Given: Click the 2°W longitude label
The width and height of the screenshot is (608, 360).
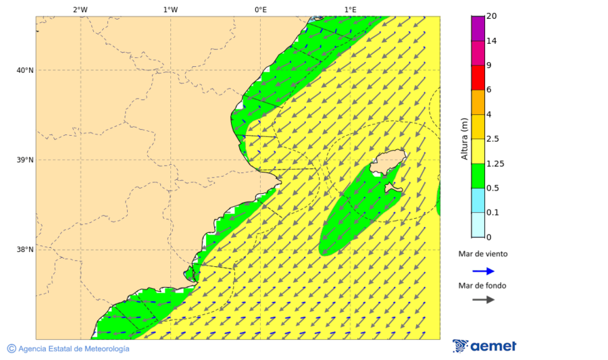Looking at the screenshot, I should pos(80,9).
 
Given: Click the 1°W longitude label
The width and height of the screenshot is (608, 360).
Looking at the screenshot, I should pos(170,9).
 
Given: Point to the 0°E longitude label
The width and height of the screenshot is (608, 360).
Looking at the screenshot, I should pos(260,9).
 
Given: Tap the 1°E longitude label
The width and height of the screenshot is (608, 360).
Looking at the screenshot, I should pos(351,9).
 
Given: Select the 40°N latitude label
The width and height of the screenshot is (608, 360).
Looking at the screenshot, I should pos(25,70).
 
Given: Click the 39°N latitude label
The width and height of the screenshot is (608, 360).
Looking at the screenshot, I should pos(25,160).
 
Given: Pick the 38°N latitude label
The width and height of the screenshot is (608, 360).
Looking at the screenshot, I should pos(25,250).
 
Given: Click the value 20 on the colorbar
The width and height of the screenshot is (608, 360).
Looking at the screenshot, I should pos(491,16).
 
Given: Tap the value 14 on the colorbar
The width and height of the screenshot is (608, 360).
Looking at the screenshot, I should pos(491,41).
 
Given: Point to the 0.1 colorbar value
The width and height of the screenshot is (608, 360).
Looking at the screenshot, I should pos(492,213).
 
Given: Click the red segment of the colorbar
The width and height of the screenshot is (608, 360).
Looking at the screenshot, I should pos(478,78).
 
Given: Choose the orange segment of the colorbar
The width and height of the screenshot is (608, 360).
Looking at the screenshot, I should pos(478,102).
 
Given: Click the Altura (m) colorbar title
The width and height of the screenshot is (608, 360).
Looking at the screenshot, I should pos(464,138).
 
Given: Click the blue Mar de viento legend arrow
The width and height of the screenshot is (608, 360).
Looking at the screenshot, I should pos(483,272).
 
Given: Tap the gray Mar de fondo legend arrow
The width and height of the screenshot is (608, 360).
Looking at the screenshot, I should pos(483,300).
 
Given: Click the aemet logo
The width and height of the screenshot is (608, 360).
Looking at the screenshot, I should pos(484,346).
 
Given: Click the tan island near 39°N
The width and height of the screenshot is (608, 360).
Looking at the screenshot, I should pos(388,162).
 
